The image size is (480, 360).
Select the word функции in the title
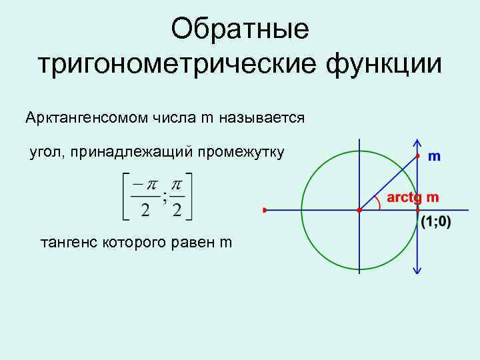(x=383, y=65)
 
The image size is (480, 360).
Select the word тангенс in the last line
(x=69, y=242)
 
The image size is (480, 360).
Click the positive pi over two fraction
(x=177, y=197)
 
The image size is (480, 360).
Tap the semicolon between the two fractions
(x=163, y=197)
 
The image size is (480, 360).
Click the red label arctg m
(x=413, y=197)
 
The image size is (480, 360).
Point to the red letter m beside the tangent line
(x=434, y=157)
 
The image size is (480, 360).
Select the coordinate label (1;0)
(x=435, y=223)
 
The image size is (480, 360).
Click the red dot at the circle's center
(x=359, y=210)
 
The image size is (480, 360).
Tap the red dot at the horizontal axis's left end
(x=265, y=210)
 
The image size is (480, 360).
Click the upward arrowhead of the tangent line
(x=418, y=142)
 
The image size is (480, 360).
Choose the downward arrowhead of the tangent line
(x=418, y=270)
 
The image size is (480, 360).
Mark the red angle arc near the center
(x=379, y=203)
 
